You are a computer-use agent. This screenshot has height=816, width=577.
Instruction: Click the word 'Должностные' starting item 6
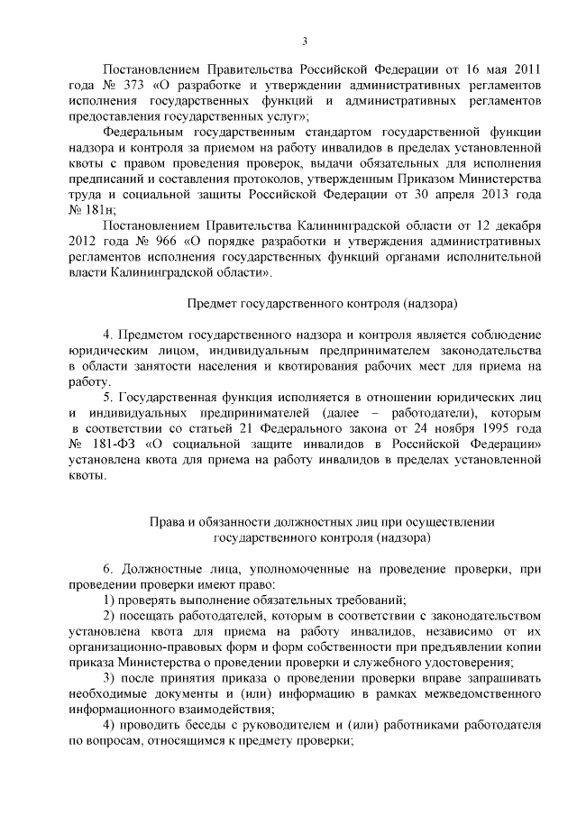tap(166, 567)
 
